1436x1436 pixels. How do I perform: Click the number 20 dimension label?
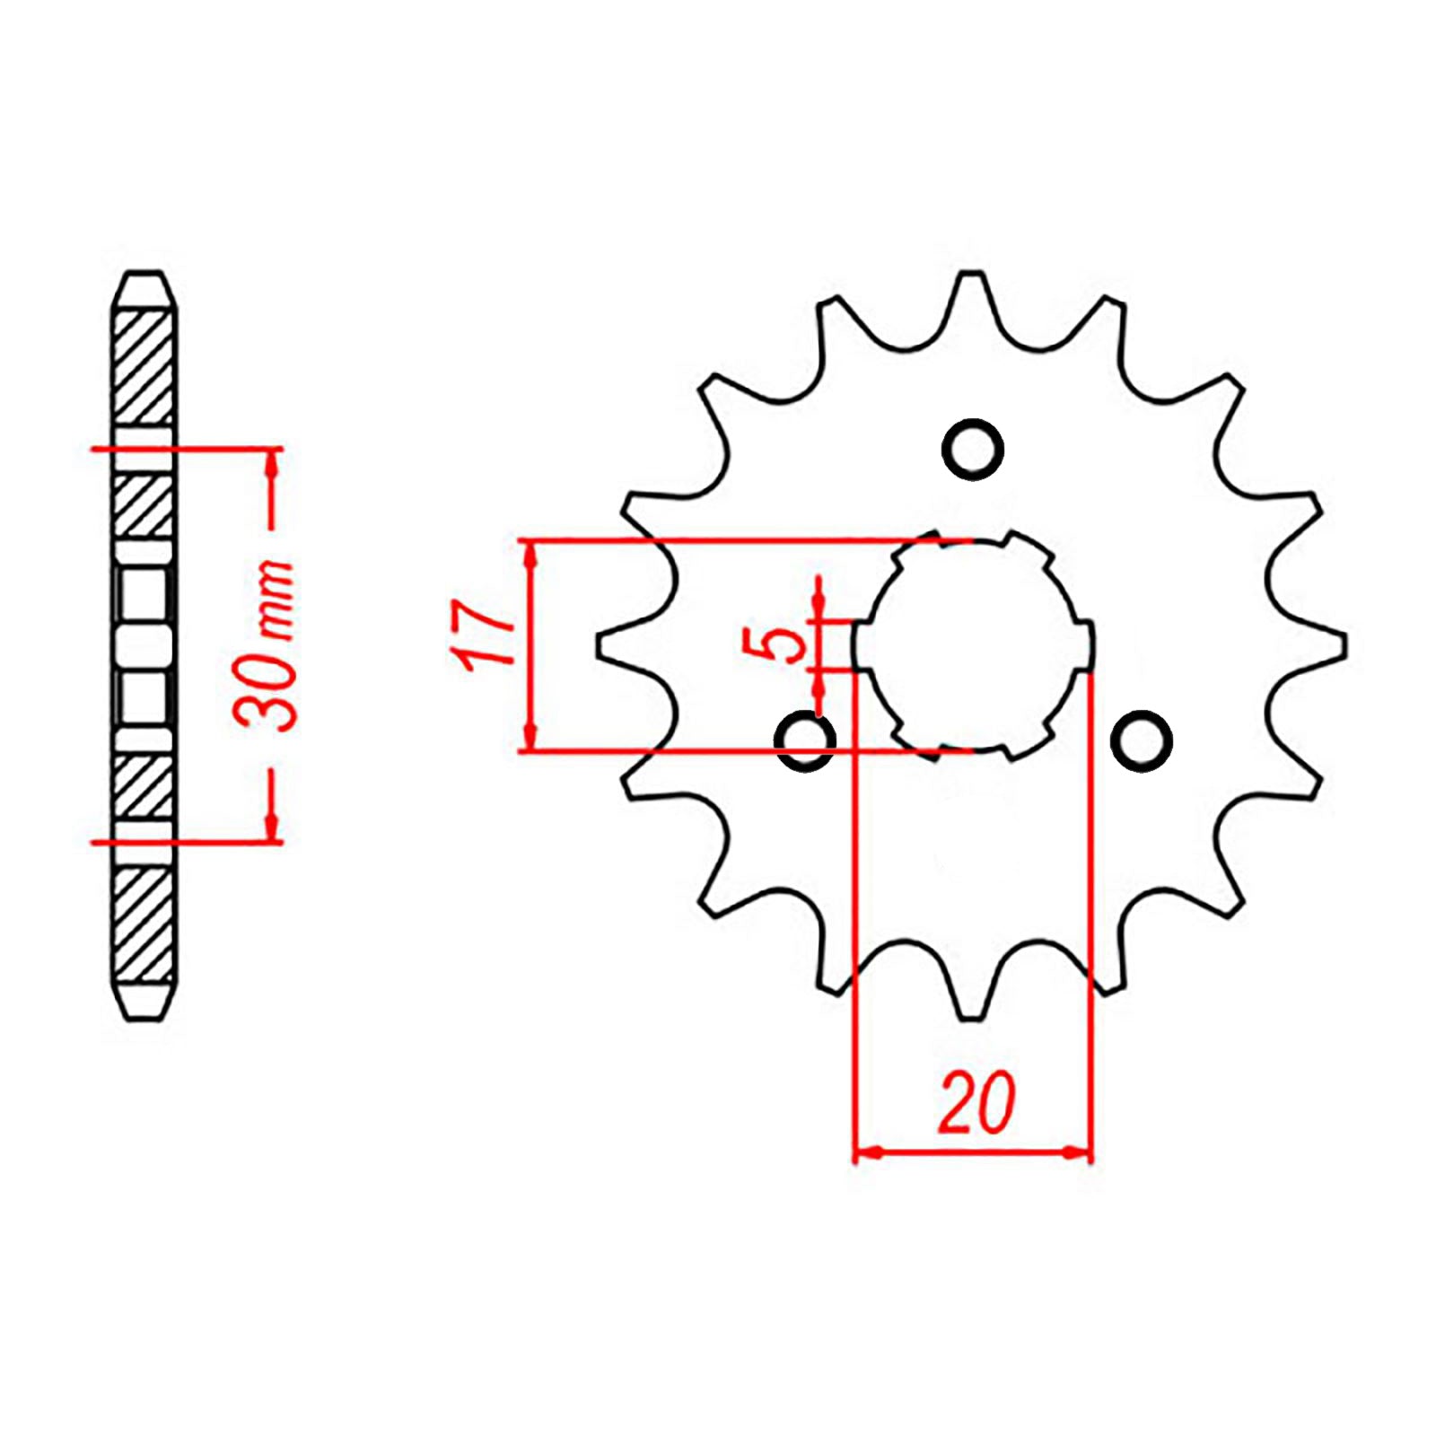(976, 1102)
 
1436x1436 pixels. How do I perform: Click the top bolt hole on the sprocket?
(972, 448)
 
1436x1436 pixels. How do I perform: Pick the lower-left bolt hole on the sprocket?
(805, 740)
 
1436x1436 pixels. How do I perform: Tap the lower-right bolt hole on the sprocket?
(1141, 740)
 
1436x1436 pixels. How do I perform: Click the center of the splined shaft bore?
(974, 645)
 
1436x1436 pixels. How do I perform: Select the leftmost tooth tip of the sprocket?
(600, 645)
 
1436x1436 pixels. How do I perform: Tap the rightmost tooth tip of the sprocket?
(1344, 645)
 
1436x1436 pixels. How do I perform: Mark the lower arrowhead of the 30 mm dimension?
(271, 831)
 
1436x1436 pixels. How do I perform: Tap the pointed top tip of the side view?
(144, 274)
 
